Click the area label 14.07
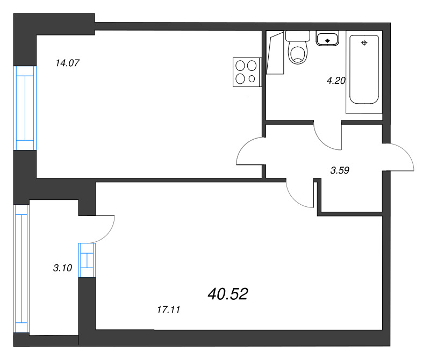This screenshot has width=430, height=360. click(x=67, y=63)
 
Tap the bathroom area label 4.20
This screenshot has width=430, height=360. click(x=336, y=81)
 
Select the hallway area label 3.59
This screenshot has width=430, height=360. click(x=340, y=170)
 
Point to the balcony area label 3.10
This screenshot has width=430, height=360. click(x=62, y=268)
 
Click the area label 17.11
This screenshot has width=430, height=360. click(x=169, y=309)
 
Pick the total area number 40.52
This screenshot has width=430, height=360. click(x=228, y=294)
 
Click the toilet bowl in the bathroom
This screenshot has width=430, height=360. click(x=298, y=53)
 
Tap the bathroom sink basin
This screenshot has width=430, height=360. click(x=327, y=38)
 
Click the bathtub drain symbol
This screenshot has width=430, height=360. click(x=364, y=43)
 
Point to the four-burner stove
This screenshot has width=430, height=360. click(x=247, y=72)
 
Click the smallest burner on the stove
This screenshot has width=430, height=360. click(x=252, y=79)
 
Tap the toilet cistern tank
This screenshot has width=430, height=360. click(x=298, y=36)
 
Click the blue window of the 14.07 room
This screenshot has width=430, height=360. click(x=25, y=108)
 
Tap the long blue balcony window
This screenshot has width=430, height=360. click(x=21, y=269)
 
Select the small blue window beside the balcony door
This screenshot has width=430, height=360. click(x=87, y=260)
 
